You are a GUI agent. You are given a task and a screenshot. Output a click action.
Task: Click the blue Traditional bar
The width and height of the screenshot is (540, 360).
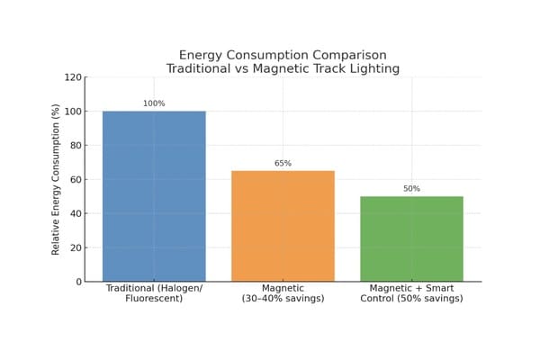point(154,196)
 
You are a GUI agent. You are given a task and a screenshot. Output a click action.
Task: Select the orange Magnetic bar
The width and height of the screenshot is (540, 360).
point(283,226)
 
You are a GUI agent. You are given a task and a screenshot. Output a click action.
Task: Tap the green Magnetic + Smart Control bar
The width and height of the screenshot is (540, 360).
point(411,238)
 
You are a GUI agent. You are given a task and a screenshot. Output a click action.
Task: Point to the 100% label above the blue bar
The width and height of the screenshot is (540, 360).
point(154,103)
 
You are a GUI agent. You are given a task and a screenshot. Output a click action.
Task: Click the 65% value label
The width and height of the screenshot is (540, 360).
point(283,164)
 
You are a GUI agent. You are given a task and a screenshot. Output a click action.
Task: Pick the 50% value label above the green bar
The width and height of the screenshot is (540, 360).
point(411,189)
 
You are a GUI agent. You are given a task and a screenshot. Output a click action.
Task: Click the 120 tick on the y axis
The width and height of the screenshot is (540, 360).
point(72,77)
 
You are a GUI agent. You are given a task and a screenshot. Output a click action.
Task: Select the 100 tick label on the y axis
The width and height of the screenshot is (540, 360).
point(72,112)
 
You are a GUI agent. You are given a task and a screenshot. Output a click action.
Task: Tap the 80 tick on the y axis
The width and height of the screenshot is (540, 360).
point(75,146)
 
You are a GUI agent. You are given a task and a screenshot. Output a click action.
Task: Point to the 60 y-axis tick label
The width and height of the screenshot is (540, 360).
point(75,180)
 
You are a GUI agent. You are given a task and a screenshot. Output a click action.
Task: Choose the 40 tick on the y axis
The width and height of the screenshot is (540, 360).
point(75,213)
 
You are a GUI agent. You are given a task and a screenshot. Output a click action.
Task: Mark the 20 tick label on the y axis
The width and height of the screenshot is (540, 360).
point(75,247)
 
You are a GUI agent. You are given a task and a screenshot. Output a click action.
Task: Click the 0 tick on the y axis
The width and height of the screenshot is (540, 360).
point(77,282)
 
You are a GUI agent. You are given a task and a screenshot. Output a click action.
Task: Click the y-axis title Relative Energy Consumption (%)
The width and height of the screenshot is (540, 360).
point(56,179)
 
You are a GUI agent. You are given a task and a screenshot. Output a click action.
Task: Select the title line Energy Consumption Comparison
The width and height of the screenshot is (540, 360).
point(283,56)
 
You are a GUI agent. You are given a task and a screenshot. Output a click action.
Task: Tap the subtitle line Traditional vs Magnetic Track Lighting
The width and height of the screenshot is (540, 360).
point(283,68)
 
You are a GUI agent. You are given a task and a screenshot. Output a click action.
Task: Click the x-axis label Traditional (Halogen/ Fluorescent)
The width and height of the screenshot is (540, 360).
point(154,292)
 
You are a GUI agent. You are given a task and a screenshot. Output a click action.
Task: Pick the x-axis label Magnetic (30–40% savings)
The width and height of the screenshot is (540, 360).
point(283,292)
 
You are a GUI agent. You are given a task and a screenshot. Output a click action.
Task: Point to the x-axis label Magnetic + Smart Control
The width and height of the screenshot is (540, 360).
point(411,292)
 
